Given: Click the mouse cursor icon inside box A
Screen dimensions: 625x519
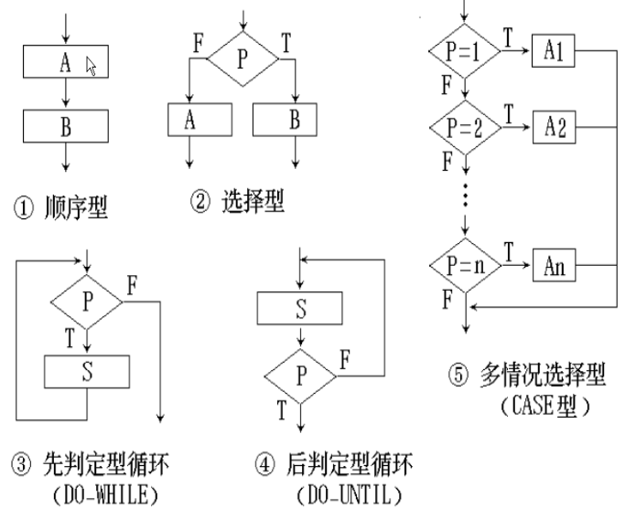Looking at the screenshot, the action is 92,66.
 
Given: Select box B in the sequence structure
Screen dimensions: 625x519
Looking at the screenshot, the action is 66,126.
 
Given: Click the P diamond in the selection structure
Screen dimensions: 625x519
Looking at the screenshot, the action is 242,58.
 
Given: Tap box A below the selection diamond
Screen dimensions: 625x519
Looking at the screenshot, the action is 199,120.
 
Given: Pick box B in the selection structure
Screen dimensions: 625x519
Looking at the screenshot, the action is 285,120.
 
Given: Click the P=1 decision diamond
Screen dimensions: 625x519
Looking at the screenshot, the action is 464,51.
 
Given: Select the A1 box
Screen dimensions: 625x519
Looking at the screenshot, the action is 554,50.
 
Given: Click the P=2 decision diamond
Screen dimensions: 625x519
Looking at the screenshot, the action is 465,127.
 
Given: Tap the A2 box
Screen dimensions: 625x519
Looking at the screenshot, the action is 555,127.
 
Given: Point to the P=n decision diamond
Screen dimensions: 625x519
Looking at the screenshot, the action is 465,265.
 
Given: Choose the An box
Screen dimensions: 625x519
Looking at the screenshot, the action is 555,265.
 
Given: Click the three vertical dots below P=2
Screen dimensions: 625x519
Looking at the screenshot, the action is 465,195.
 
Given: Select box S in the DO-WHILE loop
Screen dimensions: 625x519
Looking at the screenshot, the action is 87,371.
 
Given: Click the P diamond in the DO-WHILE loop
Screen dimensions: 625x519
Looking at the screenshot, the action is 87,302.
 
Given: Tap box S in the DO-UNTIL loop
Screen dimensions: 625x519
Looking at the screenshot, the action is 300,308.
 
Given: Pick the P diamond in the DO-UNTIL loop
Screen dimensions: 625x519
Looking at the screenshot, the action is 300,376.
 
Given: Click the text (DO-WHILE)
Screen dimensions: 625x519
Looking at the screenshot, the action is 105,494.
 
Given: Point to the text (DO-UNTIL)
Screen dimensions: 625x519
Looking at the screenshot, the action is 350,494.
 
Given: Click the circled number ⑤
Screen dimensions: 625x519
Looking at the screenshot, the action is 458,375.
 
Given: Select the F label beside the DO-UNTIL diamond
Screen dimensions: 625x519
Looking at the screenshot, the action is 345,359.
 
